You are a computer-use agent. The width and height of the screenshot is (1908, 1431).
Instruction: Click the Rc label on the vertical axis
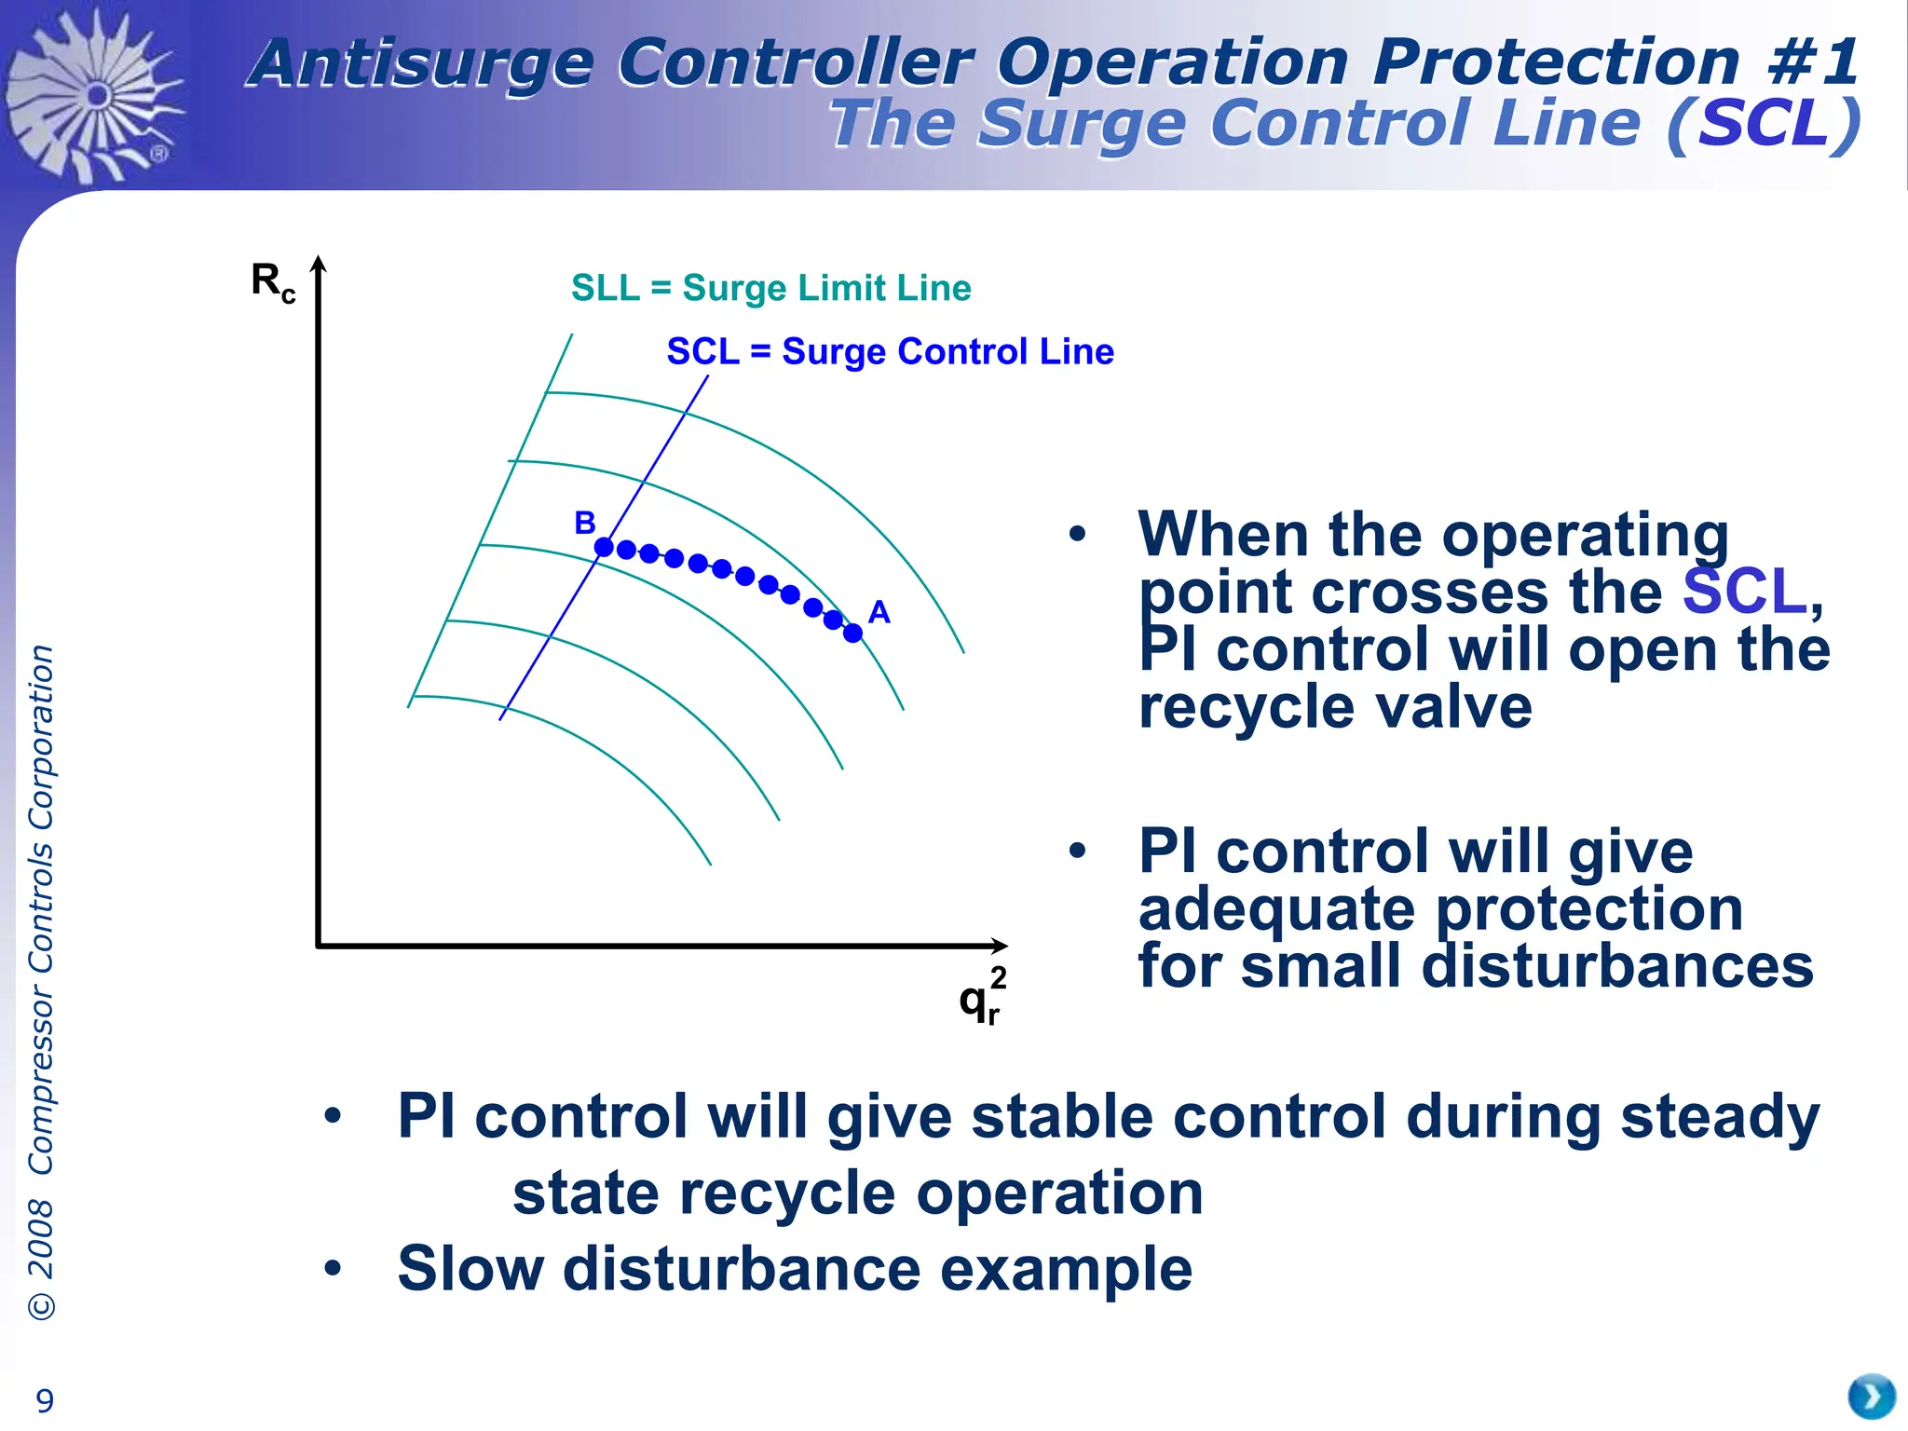click(x=272, y=281)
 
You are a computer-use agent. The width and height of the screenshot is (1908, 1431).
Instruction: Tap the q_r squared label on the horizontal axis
click(x=982, y=999)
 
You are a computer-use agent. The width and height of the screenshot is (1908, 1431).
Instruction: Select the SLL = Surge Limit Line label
click(x=770, y=288)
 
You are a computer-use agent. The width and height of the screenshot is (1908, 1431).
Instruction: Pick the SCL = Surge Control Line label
click(x=890, y=352)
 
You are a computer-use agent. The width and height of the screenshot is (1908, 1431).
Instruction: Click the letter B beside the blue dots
click(x=584, y=523)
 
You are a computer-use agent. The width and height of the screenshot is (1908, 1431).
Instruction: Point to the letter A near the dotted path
click(x=879, y=612)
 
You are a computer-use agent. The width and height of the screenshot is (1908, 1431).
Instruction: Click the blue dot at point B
click(x=604, y=547)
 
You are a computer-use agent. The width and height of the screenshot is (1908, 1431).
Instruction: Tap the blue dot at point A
click(x=852, y=634)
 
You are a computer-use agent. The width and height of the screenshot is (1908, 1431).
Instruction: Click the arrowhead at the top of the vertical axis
click(x=319, y=265)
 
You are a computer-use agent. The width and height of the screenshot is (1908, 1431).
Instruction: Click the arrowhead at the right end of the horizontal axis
click(x=1000, y=946)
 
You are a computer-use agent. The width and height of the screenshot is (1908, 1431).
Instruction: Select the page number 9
click(x=44, y=1399)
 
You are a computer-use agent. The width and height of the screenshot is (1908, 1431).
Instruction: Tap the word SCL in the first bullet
click(x=1744, y=592)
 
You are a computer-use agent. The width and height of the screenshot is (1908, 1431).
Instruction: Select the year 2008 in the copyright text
click(x=41, y=1238)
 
